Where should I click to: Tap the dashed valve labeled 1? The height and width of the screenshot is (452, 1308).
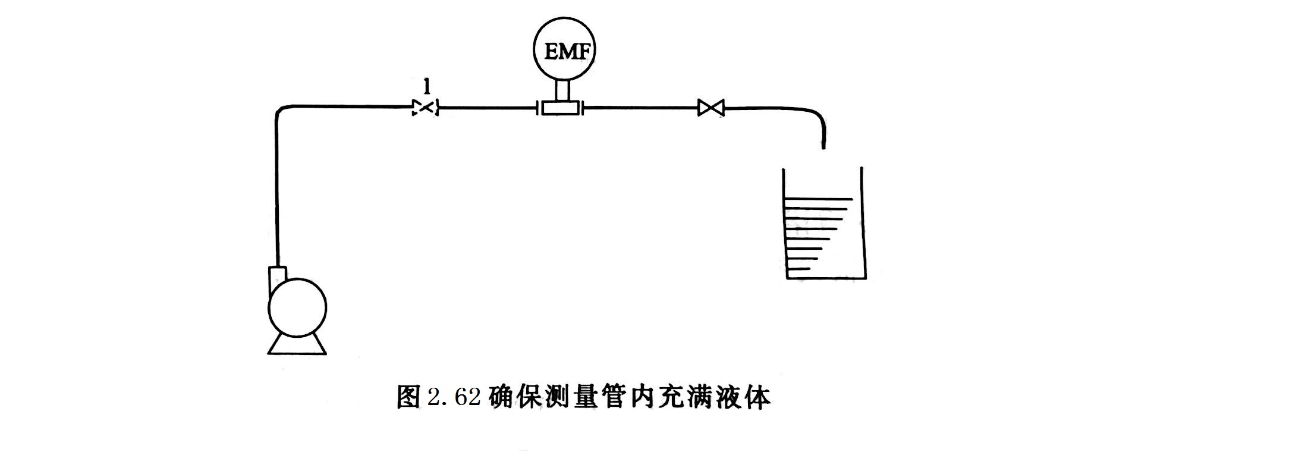(x=426, y=108)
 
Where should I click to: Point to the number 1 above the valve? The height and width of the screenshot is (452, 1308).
(x=426, y=87)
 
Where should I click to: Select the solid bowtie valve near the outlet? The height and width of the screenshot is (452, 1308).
(x=710, y=108)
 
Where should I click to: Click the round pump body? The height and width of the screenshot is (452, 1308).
(x=297, y=308)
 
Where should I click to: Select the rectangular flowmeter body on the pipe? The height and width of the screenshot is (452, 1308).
(x=561, y=108)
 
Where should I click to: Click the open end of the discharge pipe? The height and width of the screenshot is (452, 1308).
(x=823, y=146)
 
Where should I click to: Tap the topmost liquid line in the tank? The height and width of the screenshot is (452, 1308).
(x=819, y=199)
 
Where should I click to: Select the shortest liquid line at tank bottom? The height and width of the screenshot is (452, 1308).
(x=798, y=269)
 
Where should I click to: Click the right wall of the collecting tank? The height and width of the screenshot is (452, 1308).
(x=863, y=223)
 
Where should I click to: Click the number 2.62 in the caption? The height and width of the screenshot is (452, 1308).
(x=454, y=397)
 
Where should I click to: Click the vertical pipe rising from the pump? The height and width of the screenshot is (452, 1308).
(x=276, y=190)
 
